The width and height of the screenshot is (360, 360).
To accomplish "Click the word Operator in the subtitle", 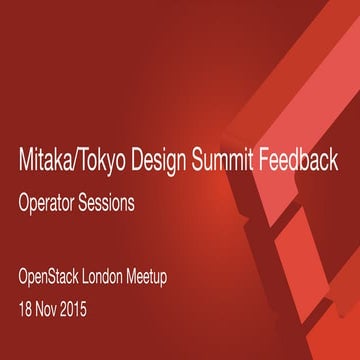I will pos(56,202).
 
